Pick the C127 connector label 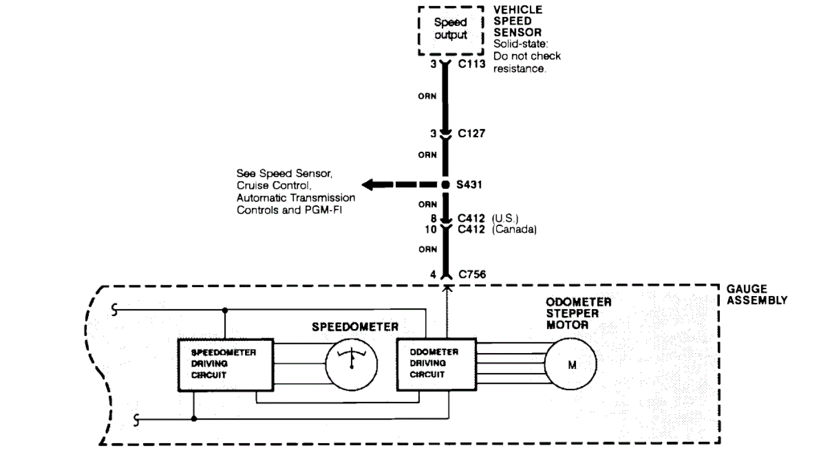pos(471,134)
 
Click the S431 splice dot pos(446,185)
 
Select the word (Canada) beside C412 pos(514,230)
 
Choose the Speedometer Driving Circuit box pos(225,365)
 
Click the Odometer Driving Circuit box pos(436,364)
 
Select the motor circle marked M pos(571,365)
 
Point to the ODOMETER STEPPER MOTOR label pos(578,313)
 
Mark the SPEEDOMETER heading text pos(355,327)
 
